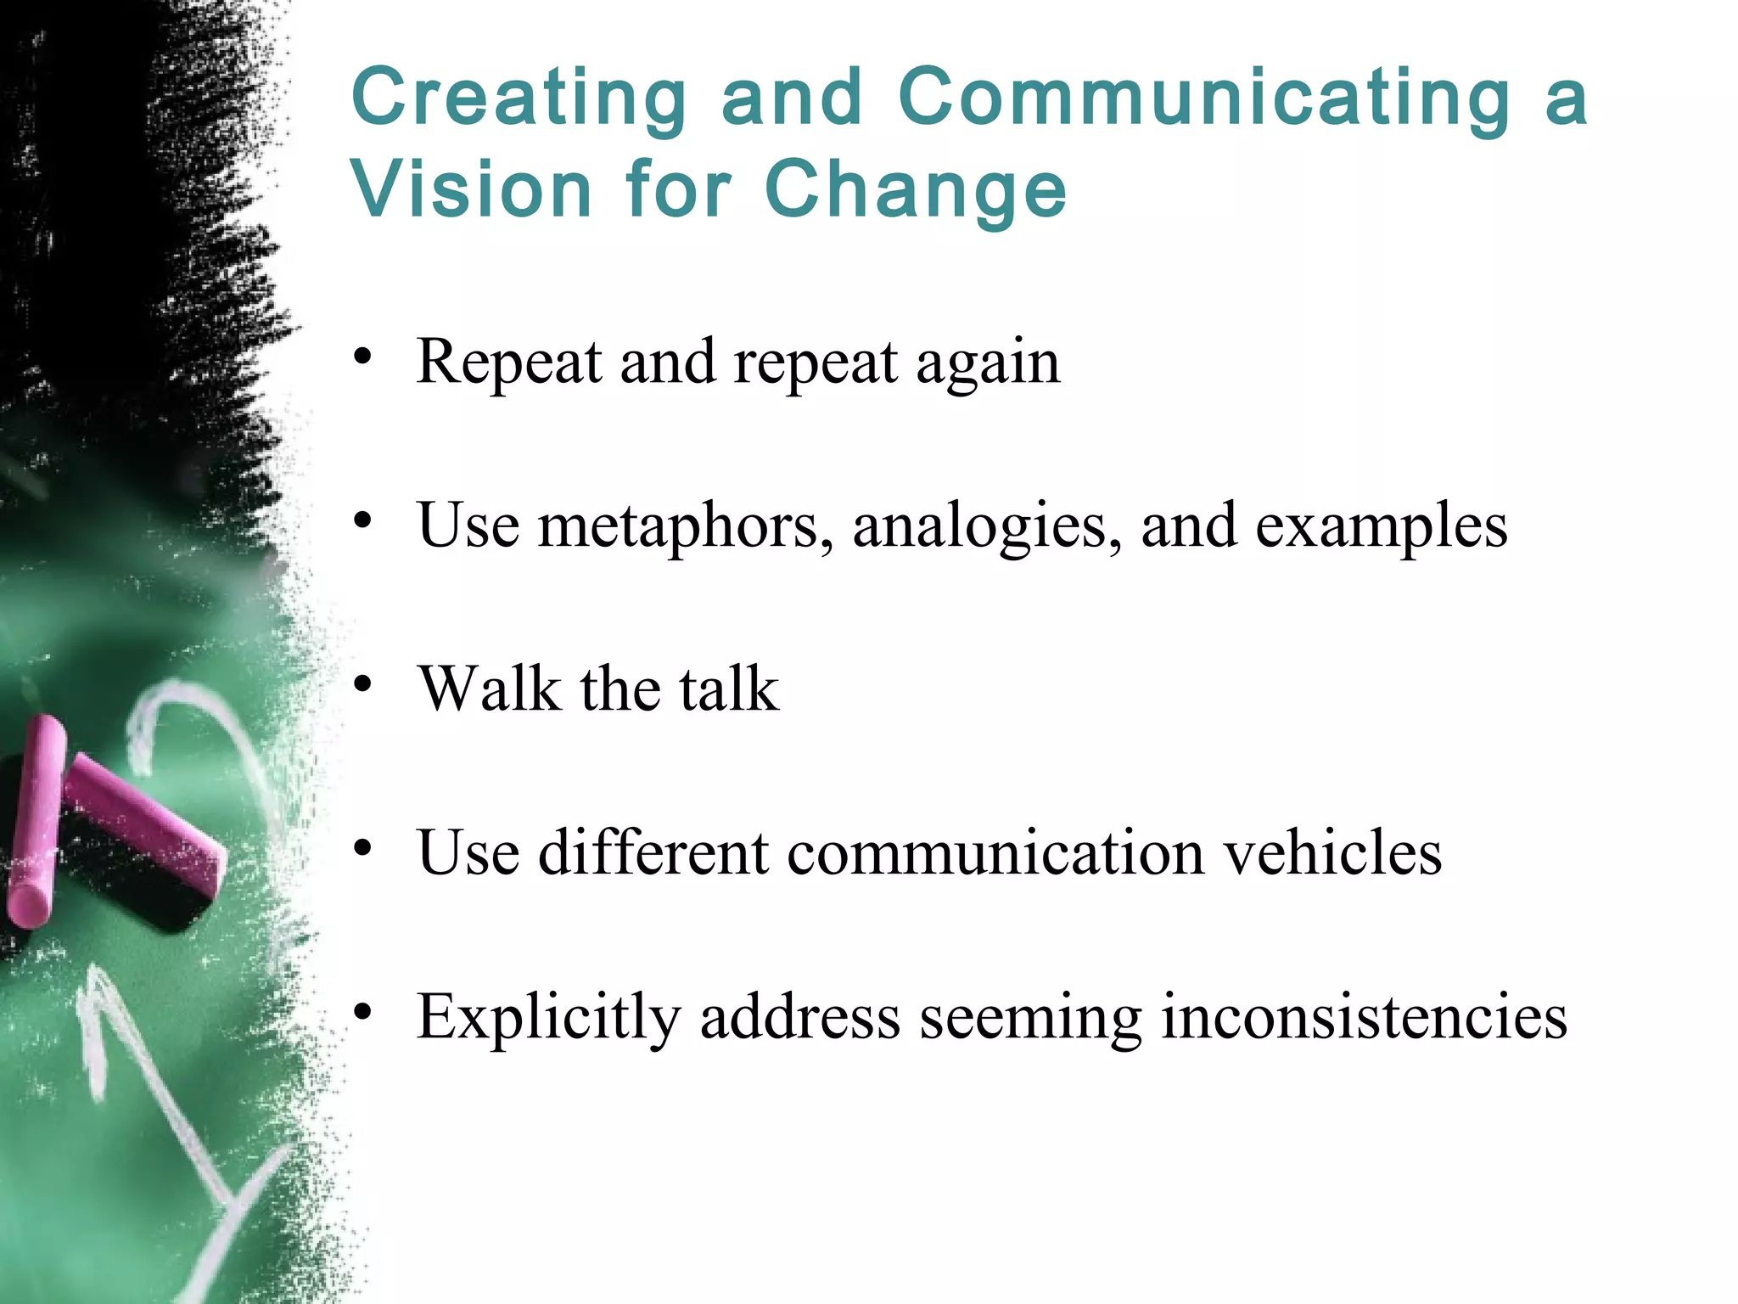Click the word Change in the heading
[916, 190]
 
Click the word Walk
[490, 688]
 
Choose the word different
[653, 852]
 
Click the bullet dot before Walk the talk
[363, 684]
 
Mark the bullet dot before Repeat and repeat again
[363, 357]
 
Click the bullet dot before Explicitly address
[363, 1011]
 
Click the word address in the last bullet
[799, 1015]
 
